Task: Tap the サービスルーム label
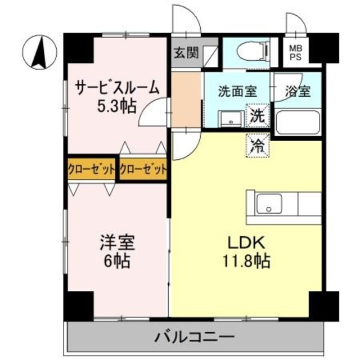[118, 89]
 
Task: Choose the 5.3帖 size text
[118, 106]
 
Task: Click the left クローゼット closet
[92, 168]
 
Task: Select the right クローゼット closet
[143, 168]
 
